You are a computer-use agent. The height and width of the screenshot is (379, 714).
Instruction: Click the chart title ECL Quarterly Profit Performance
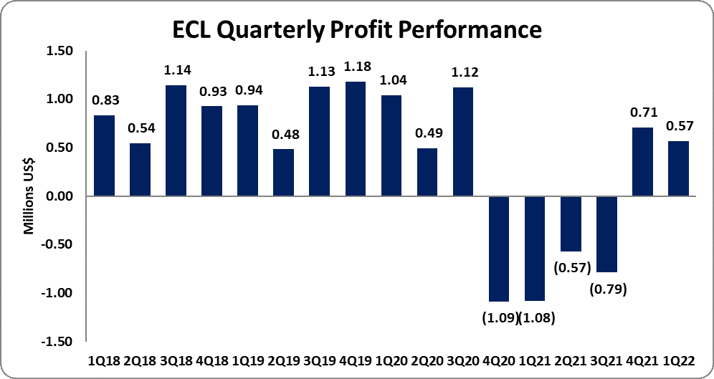point(356,30)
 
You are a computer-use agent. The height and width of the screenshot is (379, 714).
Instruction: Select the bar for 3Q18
point(176,140)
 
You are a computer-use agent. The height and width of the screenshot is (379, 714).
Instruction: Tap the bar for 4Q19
point(356,139)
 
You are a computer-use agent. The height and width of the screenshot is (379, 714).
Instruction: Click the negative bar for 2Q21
point(571,224)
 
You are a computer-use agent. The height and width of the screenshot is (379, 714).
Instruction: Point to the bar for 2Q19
point(283,173)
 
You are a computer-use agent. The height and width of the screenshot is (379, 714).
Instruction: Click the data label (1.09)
point(498,317)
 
